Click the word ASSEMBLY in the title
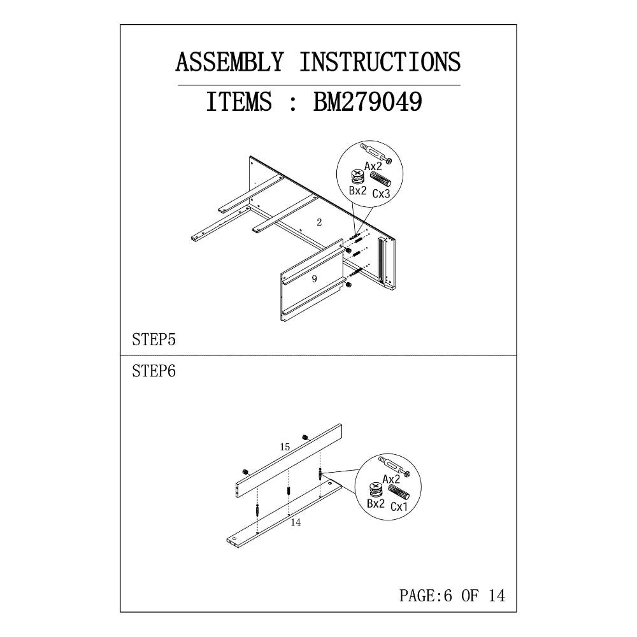pyautogui.click(x=229, y=62)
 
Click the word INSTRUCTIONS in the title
pyautogui.click(x=380, y=62)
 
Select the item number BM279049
pyautogui.click(x=368, y=101)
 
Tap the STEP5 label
pyautogui.click(x=154, y=340)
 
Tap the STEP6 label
pyautogui.click(x=154, y=371)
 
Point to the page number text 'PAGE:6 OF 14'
pyautogui.click(x=452, y=596)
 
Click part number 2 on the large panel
pyautogui.click(x=319, y=222)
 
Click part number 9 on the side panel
pyautogui.click(x=314, y=279)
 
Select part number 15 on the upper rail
pyautogui.click(x=285, y=447)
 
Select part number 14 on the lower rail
pyautogui.click(x=296, y=522)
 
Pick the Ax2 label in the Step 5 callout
pyautogui.click(x=373, y=166)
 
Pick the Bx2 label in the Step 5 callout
pyautogui.click(x=357, y=190)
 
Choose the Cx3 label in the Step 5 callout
pyautogui.click(x=382, y=194)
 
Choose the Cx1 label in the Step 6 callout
pyautogui.click(x=399, y=506)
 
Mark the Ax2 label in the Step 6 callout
pyautogui.click(x=392, y=480)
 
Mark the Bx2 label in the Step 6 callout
pyautogui.click(x=375, y=503)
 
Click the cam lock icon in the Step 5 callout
pyautogui.click(x=357, y=176)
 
